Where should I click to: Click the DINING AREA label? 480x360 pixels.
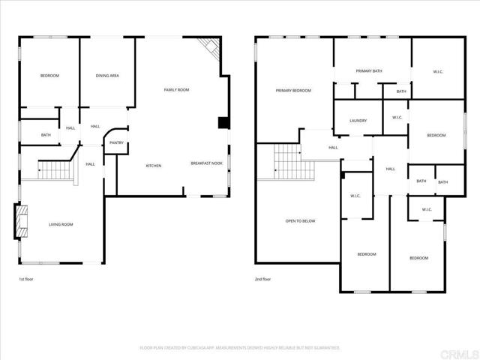(x=107, y=76)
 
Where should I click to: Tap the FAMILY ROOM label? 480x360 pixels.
(x=176, y=90)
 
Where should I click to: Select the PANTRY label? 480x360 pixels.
(x=116, y=142)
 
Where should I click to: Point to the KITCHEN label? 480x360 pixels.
(x=154, y=165)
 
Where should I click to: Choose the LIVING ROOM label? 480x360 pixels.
(x=61, y=224)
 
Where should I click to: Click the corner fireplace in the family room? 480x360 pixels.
(x=211, y=49)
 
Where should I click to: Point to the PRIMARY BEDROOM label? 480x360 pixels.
(x=293, y=91)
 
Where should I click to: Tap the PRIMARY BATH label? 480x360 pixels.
(x=369, y=71)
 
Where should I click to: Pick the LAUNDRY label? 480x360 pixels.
(x=358, y=121)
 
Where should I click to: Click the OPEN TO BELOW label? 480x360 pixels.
(x=300, y=221)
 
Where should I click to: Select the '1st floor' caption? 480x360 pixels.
(x=26, y=279)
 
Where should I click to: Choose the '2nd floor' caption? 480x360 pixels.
(x=262, y=279)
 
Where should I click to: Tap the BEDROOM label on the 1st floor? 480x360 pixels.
(x=49, y=76)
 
